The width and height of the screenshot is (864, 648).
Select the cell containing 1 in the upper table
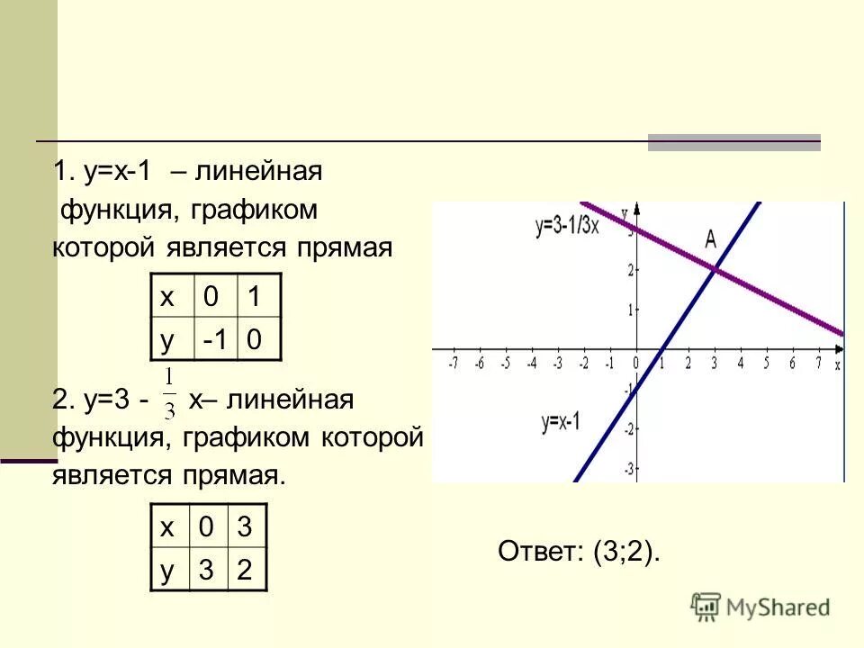[255, 296]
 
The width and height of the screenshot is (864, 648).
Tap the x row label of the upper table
[166, 296]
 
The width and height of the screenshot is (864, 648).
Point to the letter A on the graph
[710, 238]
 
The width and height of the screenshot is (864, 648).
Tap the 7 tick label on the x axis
[818, 363]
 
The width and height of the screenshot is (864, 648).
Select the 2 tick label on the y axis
[632, 269]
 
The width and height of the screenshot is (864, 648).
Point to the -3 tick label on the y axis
[630, 468]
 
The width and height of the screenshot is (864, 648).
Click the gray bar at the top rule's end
[734, 142]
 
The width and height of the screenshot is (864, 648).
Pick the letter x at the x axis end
[837, 364]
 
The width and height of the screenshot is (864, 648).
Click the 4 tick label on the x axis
[741, 363]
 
